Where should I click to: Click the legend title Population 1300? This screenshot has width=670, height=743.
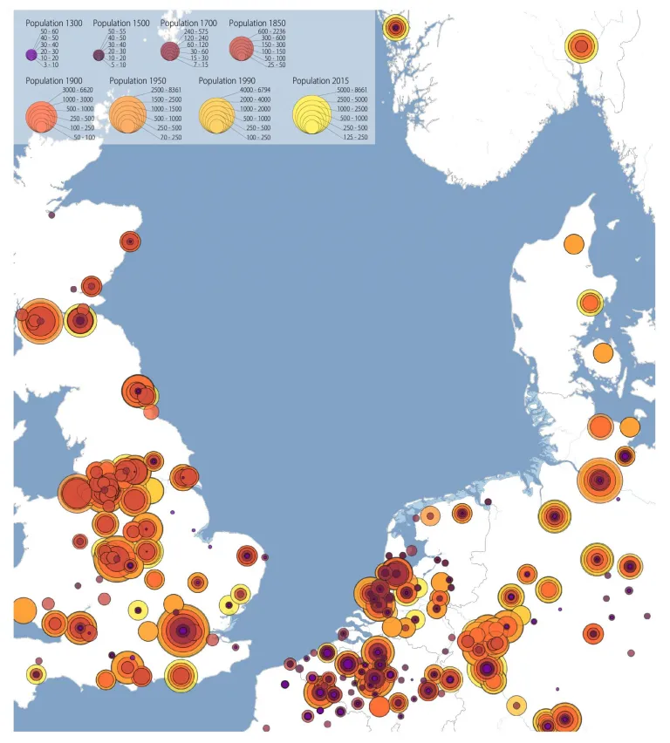pyautogui.click(x=53, y=23)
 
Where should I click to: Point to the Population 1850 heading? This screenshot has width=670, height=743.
pyautogui.click(x=256, y=23)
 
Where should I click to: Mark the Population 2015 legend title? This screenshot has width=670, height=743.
pyautogui.click(x=321, y=81)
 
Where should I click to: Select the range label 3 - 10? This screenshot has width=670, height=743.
pyautogui.click(x=49, y=65)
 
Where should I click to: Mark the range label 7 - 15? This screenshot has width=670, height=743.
pyautogui.click(x=201, y=65)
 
